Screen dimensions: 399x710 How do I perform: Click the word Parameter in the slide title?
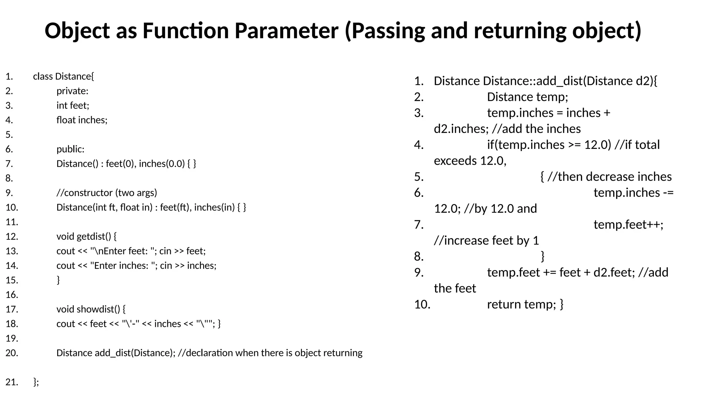[x=286, y=30]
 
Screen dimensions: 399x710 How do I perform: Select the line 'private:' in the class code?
[x=72, y=91]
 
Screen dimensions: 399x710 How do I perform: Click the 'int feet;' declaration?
[x=73, y=105]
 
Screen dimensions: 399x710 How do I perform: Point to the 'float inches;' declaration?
[x=82, y=120]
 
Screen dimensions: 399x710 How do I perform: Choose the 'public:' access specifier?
[x=70, y=149]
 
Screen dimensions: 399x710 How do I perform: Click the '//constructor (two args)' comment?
[x=107, y=193]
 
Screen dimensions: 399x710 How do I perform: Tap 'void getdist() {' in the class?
[x=87, y=236]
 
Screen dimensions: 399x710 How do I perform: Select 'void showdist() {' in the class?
[x=91, y=309]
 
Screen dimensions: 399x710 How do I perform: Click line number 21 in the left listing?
[x=12, y=382]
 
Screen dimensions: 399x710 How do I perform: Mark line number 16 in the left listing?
[x=12, y=294]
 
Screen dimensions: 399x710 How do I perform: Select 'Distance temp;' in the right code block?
[x=527, y=97]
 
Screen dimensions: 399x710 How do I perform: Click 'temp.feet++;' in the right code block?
[x=628, y=224]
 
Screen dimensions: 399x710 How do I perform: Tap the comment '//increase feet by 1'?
[x=486, y=240]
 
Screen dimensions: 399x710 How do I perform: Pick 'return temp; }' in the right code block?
[x=525, y=304]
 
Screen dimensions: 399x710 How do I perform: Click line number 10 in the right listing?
[x=422, y=304]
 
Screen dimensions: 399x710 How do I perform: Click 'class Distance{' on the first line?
[x=63, y=76]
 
